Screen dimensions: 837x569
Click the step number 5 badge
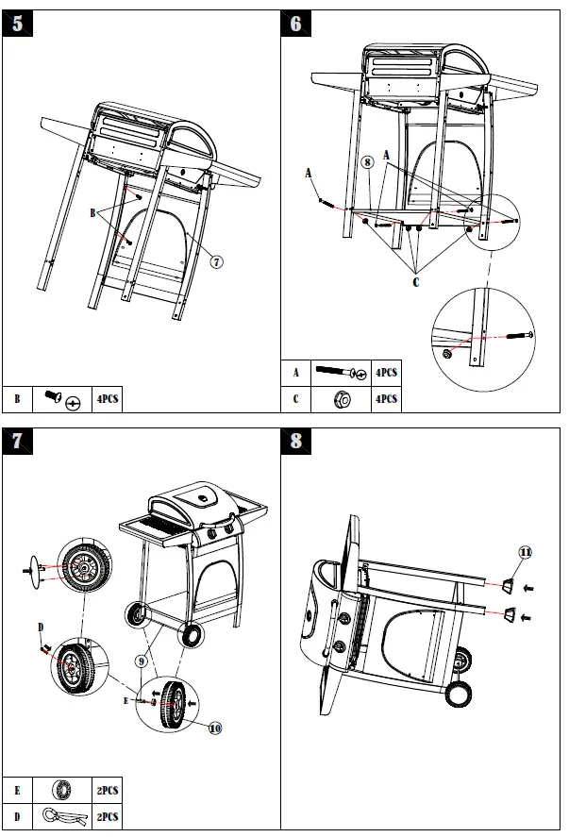click(x=17, y=25)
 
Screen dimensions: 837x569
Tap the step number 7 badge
click(x=17, y=441)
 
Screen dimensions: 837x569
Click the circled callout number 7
click(x=216, y=261)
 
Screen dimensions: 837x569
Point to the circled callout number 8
click(x=367, y=162)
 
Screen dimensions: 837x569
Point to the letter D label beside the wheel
click(x=41, y=627)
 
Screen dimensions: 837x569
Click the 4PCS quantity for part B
click(x=107, y=400)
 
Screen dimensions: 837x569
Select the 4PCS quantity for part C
click(x=386, y=399)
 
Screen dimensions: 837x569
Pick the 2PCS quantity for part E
click(x=107, y=790)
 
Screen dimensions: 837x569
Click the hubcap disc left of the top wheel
click(x=36, y=571)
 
